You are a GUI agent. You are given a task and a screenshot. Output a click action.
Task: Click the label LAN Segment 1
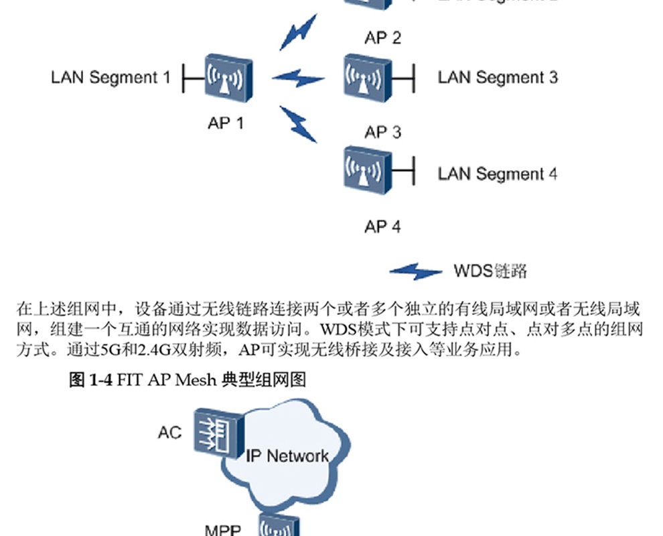110,77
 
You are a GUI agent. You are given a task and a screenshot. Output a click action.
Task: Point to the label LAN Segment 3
497,77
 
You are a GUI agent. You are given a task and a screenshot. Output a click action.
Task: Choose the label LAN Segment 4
497,174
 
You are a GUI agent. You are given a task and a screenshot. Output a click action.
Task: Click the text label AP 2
382,38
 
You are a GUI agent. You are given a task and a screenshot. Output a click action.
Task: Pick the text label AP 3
382,132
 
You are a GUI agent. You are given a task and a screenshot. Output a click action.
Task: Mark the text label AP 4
382,227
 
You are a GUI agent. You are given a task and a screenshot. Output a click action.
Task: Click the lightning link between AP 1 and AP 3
298,78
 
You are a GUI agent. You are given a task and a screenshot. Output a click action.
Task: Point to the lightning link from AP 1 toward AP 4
298,124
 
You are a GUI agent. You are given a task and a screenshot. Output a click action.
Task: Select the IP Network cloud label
287,456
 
